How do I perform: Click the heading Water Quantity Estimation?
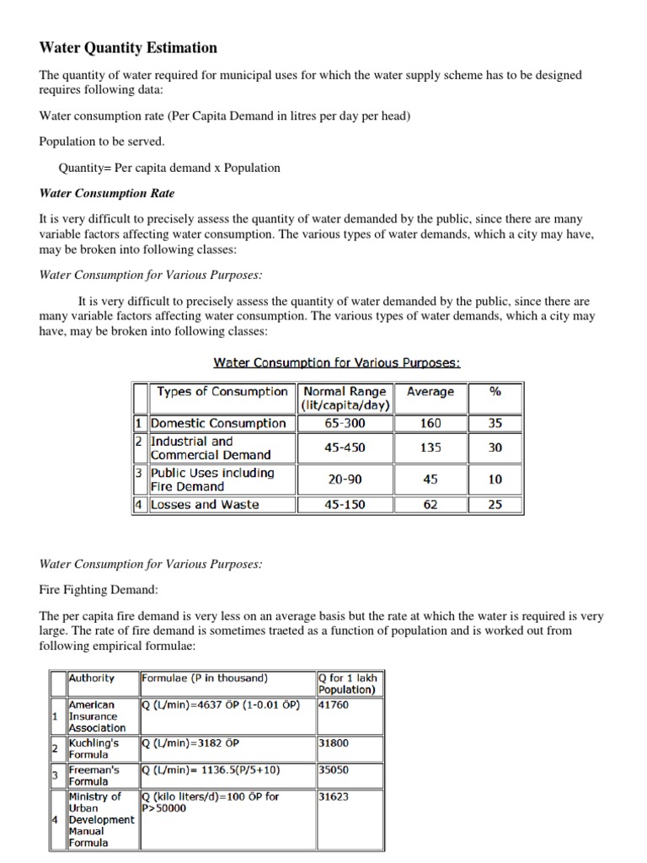tap(128, 48)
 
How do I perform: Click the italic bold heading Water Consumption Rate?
tap(107, 193)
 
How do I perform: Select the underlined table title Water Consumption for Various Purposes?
tap(337, 362)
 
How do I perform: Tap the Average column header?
tap(430, 392)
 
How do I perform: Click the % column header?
tap(495, 392)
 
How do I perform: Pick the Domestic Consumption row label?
tap(218, 423)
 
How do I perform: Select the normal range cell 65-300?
tap(345, 423)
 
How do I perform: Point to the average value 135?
tap(430, 448)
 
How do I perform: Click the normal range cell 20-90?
tap(345, 480)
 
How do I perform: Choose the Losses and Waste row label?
tap(205, 505)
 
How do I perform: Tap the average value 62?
tap(430, 505)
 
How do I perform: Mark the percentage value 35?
tap(495, 423)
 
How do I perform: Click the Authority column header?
tap(92, 678)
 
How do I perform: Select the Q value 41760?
tap(334, 704)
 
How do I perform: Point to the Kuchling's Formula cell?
tap(94, 749)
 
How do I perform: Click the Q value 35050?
tap(334, 769)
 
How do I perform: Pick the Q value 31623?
tap(334, 796)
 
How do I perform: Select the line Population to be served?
tap(102, 142)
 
